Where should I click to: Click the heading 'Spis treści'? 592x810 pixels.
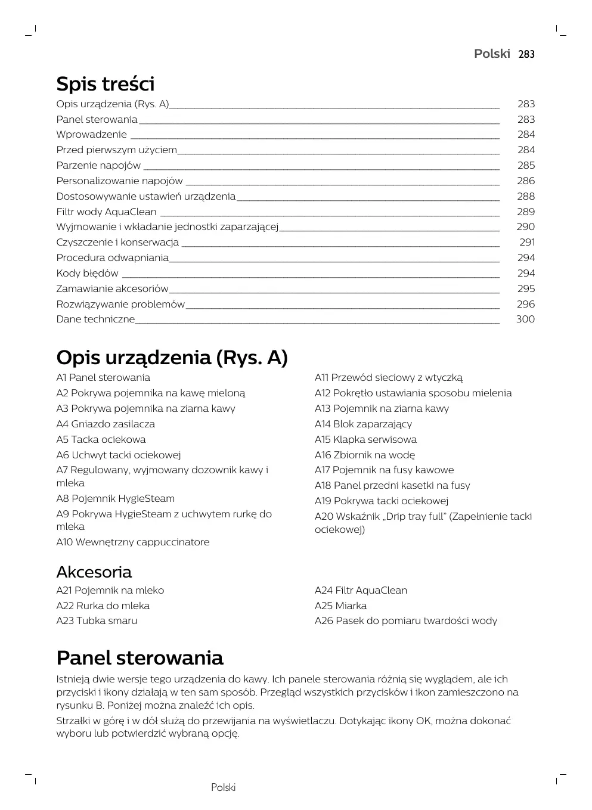105,83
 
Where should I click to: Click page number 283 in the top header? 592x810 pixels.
526,54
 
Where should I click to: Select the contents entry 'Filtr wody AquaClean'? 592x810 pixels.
106,212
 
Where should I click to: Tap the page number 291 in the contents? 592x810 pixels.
527,242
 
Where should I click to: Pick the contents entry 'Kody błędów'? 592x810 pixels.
87,273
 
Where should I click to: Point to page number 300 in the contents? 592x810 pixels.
525,319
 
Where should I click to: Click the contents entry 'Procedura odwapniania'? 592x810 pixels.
112,257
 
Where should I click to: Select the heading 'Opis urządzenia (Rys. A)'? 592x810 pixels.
172,358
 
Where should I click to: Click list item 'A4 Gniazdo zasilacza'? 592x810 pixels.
106,424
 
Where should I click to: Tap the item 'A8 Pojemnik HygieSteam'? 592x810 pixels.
115,498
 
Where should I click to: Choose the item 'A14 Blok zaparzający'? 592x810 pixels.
363,424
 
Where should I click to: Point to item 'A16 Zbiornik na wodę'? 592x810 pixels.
364,455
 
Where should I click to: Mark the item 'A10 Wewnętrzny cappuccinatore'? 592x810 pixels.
132,542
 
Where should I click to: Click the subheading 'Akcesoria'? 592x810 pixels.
94,572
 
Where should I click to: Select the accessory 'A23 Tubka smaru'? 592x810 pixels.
97,620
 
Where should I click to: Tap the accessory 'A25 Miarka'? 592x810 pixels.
340,606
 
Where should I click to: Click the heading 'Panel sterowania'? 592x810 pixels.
140,658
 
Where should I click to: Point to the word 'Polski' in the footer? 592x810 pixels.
223,787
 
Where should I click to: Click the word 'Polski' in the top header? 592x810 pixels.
492,54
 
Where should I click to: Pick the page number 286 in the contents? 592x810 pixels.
526,181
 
